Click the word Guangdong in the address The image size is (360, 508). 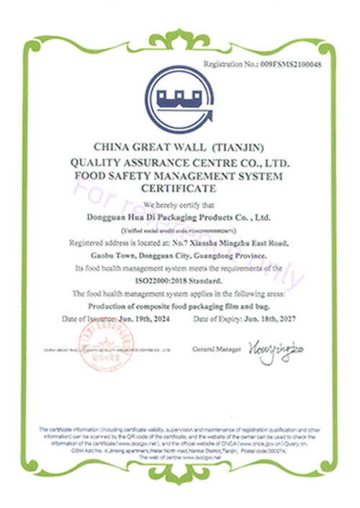click(x=240, y=256)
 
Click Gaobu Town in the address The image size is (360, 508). click(x=100, y=256)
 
